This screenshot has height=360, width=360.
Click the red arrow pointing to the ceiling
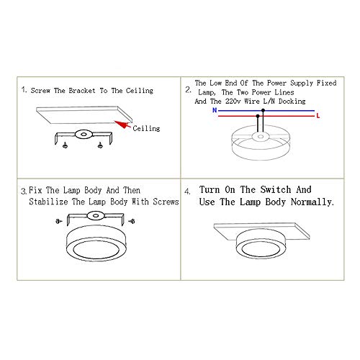[x=123, y=125]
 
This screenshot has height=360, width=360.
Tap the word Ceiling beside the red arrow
[x=146, y=128]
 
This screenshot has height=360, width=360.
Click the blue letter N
[x=215, y=110]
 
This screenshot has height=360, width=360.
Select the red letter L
[x=318, y=116]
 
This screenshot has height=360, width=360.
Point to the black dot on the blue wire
[x=263, y=110]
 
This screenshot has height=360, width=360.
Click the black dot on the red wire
[x=258, y=116]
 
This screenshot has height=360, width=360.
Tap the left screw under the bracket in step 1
[x=65, y=145]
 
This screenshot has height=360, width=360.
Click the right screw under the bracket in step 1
[x=100, y=145]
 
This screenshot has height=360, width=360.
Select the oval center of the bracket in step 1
[x=84, y=135]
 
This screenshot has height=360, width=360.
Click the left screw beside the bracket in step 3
[x=58, y=221]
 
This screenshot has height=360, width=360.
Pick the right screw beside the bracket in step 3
[x=132, y=221]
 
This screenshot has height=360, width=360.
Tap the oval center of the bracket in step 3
[x=96, y=215]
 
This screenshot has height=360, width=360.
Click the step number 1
[x=24, y=90]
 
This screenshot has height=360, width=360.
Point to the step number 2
[x=188, y=90]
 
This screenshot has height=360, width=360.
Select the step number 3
[x=24, y=192]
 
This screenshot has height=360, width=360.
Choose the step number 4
[x=187, y=192]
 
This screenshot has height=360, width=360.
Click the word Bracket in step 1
[x=82, y=91]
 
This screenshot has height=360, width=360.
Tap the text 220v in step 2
[x=233, y=101]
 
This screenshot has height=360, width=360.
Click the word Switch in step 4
[x=276, y=189]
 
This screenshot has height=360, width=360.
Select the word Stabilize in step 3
[x=48, y=202]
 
